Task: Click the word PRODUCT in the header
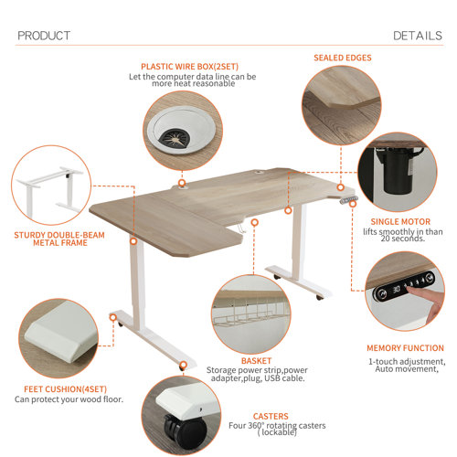coord(44,36)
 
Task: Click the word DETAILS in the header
coord(418,36)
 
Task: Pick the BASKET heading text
coord(257,360)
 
